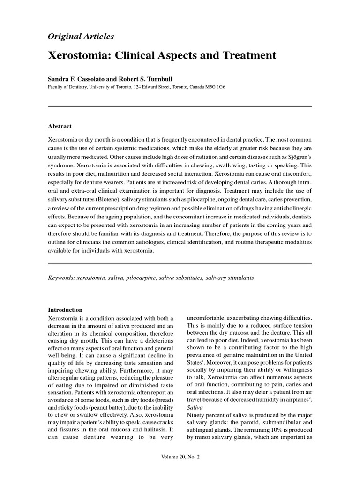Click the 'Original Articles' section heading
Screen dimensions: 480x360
pyautogui.click(x=81, y=36)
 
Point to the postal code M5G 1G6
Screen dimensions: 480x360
pyautogui.click(x=213, y=87)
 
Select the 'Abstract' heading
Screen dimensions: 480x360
pyautogui.click(x=60, y=126)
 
